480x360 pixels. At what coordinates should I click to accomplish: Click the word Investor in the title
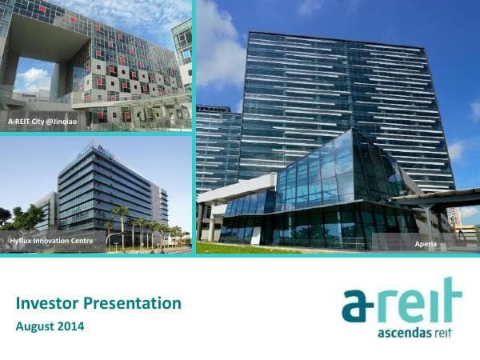(46, 303)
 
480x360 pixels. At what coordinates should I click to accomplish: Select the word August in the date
(37, 326)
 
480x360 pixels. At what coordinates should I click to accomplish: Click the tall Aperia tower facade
(344, 88)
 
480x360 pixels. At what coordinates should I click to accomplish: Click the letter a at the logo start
(356, 306)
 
